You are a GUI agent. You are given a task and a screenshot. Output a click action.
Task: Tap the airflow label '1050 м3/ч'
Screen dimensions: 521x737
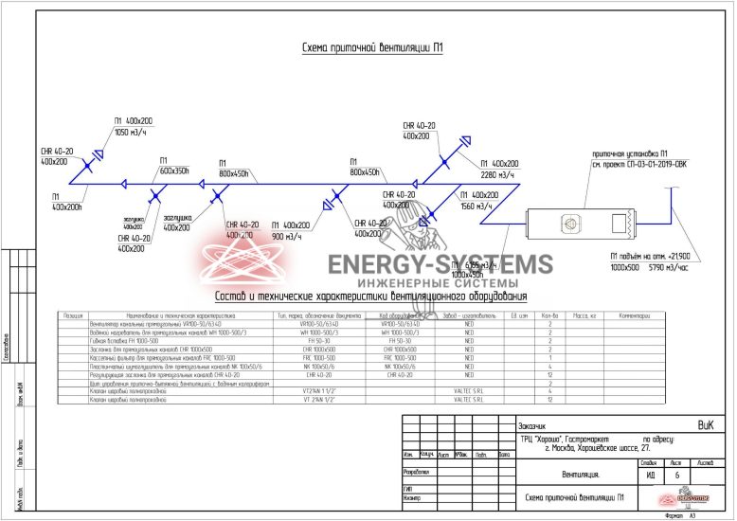(x=134, y=133)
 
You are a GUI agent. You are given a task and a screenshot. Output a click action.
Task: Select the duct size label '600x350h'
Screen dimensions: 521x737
(x=175, y=171)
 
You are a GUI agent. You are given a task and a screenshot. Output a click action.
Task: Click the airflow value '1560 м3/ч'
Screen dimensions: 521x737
(x=476, y=206)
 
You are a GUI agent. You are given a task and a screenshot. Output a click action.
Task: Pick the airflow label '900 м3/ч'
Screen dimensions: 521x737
(x=292, y=236)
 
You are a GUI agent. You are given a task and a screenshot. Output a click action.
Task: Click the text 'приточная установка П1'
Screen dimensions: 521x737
(x=630, y=154)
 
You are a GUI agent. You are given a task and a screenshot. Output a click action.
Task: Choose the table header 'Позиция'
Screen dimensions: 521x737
(x=73, y=314)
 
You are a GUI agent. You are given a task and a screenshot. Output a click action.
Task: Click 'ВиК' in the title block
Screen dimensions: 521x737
(x=707, y=425)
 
